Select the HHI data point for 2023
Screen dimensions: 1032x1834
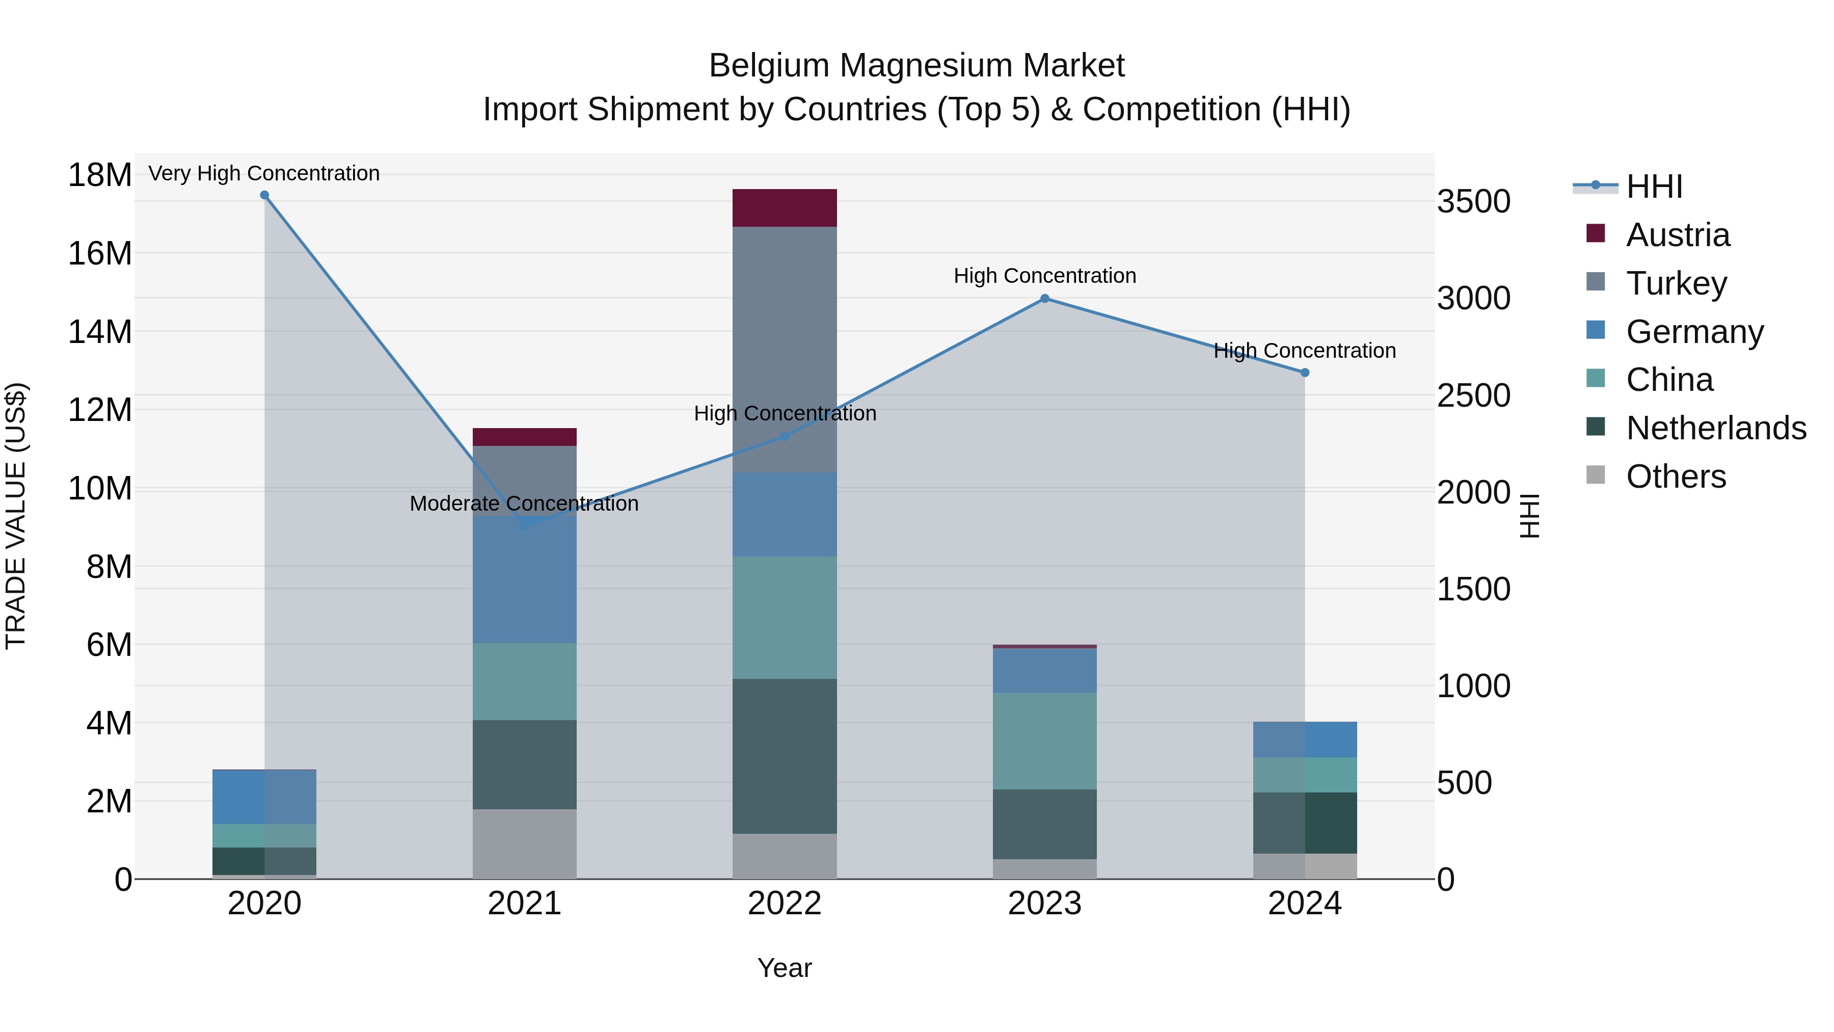coord(1044,299)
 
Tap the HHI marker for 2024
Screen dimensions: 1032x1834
coord(1304,373)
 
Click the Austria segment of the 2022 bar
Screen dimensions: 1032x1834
coord(785,208)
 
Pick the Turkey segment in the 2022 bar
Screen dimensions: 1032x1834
coord(785,349)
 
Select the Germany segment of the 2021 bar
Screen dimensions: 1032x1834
coord(525,580)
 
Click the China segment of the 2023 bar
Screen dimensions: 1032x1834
coord(1044,740)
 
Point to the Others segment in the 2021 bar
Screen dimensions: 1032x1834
coord(525,844)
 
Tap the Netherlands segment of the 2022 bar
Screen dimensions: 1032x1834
coord(785,756)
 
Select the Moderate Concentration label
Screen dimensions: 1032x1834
coord(524,504)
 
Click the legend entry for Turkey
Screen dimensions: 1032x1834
coord(1676,283)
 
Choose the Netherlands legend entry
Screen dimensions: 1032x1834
coord(1716,428)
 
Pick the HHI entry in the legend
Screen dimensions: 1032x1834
coord(1654,187)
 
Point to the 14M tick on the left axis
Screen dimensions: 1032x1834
coord(100,332)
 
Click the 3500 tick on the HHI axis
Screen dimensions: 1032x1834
coord(1473,201)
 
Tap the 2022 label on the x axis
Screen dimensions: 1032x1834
coord(785,904)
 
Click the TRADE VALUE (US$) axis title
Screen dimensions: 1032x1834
coord(16,516)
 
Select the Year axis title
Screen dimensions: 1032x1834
coord(785,968)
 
